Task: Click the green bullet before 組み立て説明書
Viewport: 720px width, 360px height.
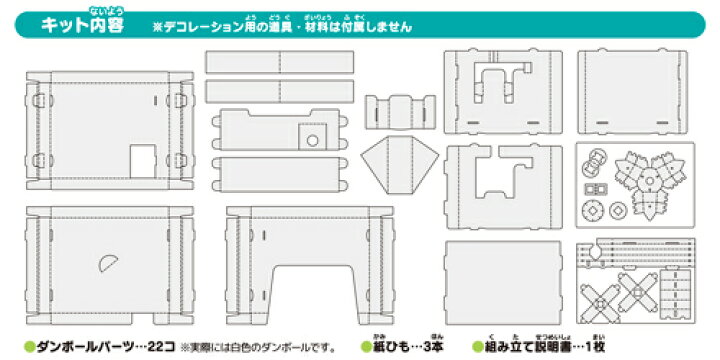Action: (x=476, y=343)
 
